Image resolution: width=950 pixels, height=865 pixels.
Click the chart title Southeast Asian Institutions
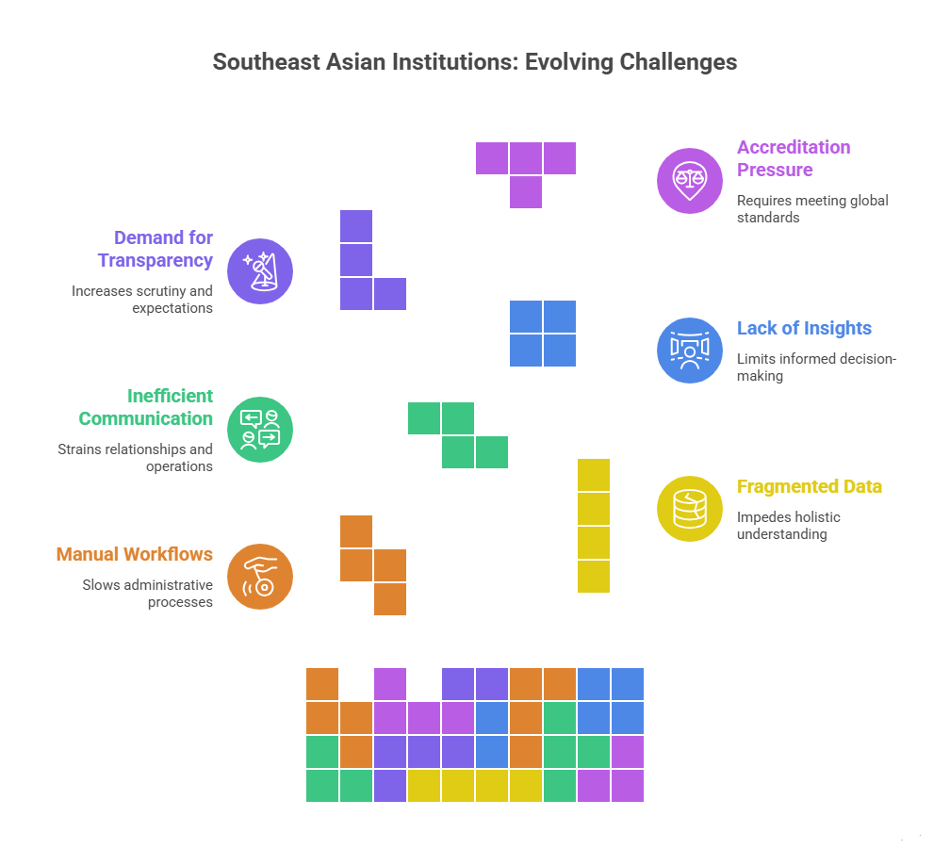[474, 62]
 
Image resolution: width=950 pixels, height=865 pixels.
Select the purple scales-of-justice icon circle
[690, 181]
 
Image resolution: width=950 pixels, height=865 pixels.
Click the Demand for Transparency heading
[156, 249]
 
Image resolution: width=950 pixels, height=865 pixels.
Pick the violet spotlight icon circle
[261, 271]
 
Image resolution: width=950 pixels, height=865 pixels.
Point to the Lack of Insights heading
[804, 328]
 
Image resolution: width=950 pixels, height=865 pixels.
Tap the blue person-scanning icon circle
[690, 351]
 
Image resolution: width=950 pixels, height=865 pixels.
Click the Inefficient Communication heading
[146, 407]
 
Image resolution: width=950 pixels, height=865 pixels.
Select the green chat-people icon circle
[261, 430]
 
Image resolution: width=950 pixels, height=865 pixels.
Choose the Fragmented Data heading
[809, 486]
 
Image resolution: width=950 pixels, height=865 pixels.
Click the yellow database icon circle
[690, 509]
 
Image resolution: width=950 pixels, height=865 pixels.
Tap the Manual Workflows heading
[135, 554]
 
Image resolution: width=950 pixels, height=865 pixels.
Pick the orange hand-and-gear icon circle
[261, 577]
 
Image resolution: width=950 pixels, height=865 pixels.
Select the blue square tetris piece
[543, 334]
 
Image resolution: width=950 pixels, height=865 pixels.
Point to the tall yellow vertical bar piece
[594, 526]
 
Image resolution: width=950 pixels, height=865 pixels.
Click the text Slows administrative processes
[147, 593]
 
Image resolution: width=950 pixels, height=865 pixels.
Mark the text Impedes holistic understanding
[788, 525]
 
